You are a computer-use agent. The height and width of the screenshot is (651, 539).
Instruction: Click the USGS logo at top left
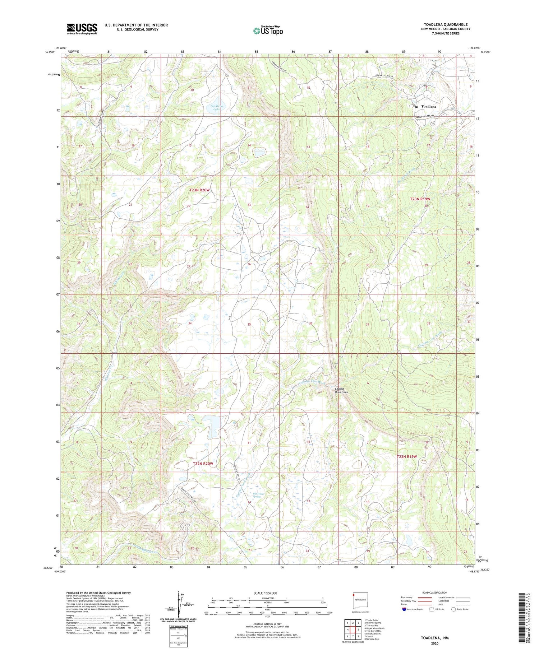tap(82, 29)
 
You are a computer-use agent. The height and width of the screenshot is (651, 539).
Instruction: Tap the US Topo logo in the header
tap(268, 31)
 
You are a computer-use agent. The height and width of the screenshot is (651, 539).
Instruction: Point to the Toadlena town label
tap(428, 107)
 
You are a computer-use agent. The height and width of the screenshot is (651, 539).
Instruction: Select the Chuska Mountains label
tap(341, 390)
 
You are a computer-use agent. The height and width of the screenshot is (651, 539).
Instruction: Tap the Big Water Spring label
tap(258, 495)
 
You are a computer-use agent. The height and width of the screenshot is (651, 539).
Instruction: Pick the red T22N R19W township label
tap(407, 456)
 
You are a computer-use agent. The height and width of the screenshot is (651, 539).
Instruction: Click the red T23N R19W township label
tap(420, 199)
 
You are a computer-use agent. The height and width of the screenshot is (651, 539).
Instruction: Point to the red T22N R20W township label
tap(203, 464)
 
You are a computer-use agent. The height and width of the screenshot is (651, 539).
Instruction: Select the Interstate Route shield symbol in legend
tap(404, 609)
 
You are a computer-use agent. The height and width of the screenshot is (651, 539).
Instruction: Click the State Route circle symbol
tap(453, 609)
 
